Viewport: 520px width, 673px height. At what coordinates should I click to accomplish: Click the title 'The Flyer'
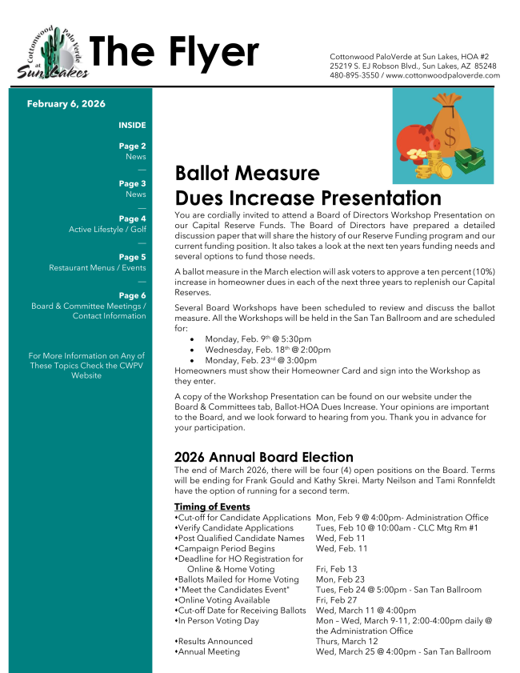174,52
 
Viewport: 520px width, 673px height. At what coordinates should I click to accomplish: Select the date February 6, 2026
66,104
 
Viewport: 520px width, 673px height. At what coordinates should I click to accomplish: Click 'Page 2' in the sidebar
132,146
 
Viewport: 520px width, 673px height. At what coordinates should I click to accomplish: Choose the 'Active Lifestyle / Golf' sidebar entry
107,230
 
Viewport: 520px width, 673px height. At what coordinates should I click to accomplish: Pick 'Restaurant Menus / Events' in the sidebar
98,268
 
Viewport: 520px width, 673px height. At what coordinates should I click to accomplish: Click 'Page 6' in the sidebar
132,295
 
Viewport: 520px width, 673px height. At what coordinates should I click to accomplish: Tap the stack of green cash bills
475,160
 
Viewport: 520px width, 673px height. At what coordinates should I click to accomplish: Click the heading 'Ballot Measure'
247,174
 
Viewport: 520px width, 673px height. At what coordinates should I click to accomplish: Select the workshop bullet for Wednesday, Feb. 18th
267,350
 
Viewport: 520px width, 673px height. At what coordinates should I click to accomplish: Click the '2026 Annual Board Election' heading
264,458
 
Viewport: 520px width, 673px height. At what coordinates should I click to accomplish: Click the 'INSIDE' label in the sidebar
132,126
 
